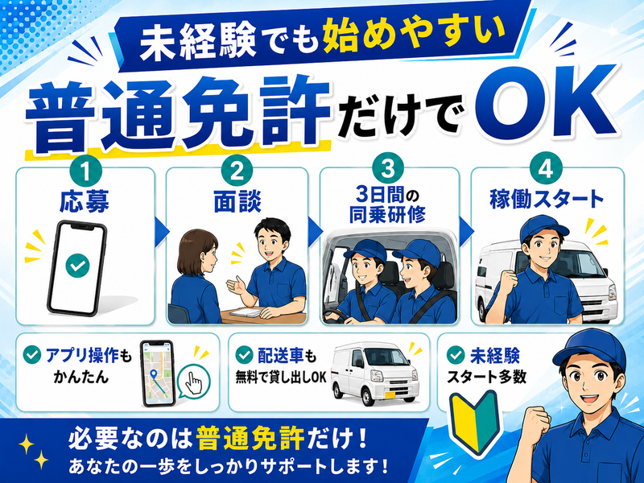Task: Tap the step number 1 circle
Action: pyautogui.click(x=86, y=172)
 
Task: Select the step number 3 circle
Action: pyautogui.click(x=387, y=169)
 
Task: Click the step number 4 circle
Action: pyautogui.click(x=546, y=169)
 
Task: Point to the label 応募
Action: pyautogui.click(x=85, y=201)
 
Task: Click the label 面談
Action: pyautogui.click(x=237, y=201)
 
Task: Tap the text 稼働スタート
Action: pyautogui.click(x=547, y=200)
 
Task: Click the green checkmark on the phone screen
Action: pyautogui.click(x=77, y=266)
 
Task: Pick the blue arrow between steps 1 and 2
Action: pyautogui.click(x=162, y=233)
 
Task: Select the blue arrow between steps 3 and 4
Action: pyautogui.click(x=466, y=233)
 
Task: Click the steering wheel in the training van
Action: pyautogui.click(x=336, y=316)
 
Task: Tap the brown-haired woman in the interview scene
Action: pyautogui.click(x=195, y=277)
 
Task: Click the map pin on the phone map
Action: pyautogui.click(x=154, y=374)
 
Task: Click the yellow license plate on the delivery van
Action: pyautogui.click(x=390, y=394)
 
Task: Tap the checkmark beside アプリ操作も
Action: pyautogui.click(x=31, y=355)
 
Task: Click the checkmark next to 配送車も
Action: pyautogui.click(x=244, y=355)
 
